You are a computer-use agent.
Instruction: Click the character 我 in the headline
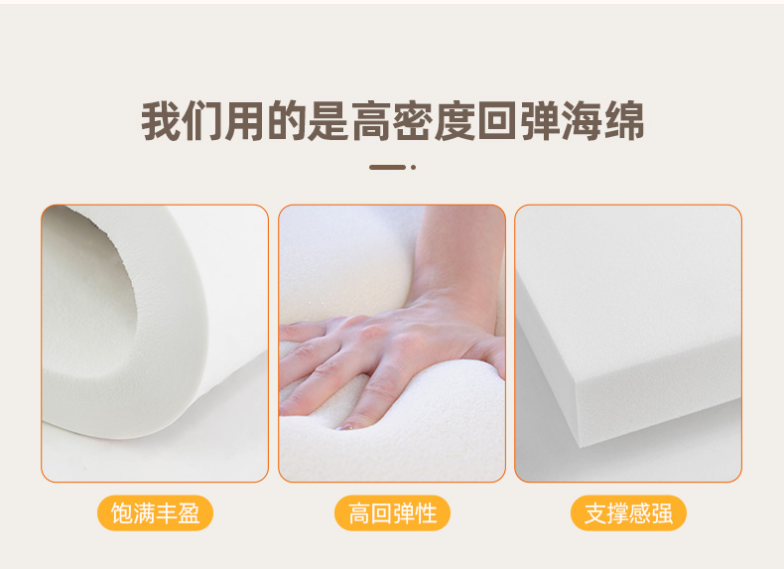[161, 121]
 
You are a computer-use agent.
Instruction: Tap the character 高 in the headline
[370, 121]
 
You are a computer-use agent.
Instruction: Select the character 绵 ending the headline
[623, 121]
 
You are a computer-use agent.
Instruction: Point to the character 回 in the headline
[497, 121]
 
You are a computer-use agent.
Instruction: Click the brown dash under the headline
[387, 167]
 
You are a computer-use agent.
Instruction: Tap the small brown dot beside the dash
[414, 167]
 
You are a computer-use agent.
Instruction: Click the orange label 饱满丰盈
[155, 513]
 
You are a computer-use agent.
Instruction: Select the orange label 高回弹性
[392, 513]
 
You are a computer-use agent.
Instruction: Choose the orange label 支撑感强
[628, 513]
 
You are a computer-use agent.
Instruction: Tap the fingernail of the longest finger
[345, 427]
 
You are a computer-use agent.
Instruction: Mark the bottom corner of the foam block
[580, 447]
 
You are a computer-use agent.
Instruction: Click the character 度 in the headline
[455, 121]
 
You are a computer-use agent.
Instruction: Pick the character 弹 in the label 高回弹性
[407, 513]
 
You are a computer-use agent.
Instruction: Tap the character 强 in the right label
[662, 513]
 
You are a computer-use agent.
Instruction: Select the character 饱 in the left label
[121, 513]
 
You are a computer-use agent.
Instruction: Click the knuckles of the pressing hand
[380, 335]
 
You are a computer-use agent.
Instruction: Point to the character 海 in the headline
[582, 121]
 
